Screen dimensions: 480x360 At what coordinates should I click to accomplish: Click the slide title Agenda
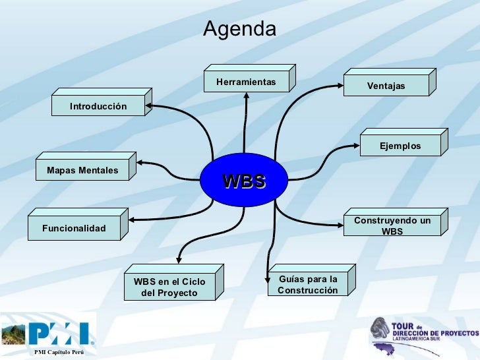click(x=239, y=29)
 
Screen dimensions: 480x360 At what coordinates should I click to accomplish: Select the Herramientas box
click(x=246, y=82)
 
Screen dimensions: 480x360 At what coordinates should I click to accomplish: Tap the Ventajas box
click(x=386, y=86)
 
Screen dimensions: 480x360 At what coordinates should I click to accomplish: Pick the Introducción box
click(x=98, y=106)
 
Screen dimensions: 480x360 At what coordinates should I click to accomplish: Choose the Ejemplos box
click(x=400, y=146)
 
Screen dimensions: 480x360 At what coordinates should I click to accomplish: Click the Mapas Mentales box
click(x=82, y=171)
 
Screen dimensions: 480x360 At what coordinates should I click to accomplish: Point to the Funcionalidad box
click(x=74, y=228)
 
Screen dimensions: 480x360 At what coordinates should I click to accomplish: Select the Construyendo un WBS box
click(x=392, y=225)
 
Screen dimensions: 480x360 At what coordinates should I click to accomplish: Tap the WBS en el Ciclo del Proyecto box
click(x=169, y=287)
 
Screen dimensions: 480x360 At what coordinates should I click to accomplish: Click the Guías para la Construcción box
click(x=307, y=285)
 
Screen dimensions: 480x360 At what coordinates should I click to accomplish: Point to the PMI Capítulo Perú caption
click(x=59, y=354)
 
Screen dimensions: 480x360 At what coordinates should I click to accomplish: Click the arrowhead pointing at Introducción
click(x=150, y=105)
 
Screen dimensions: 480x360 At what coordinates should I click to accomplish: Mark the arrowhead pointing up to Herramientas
click(x=246, y=95)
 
